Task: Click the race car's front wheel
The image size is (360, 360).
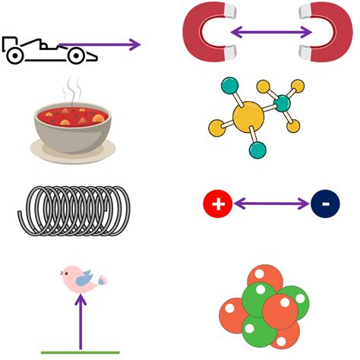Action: (x=77, y=55)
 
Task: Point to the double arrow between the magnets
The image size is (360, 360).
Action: (x=271, y=32)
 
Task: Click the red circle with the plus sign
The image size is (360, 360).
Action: (x=217, y=204)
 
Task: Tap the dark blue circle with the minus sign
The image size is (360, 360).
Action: (x=324, y=204)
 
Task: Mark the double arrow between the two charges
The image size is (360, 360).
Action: (x=271, y=204)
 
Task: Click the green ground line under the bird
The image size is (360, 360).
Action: (x=81, y=352)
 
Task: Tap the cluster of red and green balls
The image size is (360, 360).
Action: (x=264, y=306)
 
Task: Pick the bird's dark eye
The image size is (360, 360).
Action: (x=74, y=276)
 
